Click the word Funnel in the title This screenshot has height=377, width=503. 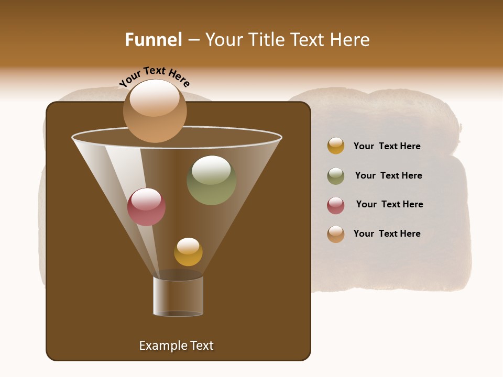pos(153,40)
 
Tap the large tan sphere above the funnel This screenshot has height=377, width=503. pos(155,111)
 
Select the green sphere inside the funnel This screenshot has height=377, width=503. pos(211,181)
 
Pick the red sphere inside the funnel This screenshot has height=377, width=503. pos(146,207)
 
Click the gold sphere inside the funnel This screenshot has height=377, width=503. pos(188,252)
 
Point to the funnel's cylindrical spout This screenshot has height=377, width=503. pos(178,296)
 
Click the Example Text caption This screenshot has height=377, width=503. pos(176,346)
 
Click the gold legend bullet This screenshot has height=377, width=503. pos(336,146)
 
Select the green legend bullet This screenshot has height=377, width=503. pos(336,176)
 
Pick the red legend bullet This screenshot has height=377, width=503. pos(336,205)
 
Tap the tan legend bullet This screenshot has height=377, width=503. pos(336,234)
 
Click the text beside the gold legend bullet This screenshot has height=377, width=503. pos(387,146)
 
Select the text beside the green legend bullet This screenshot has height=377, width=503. pos(388,175)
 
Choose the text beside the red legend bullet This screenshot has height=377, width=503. pos(389,204)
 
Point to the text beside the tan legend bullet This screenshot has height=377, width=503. pos(387,234)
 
